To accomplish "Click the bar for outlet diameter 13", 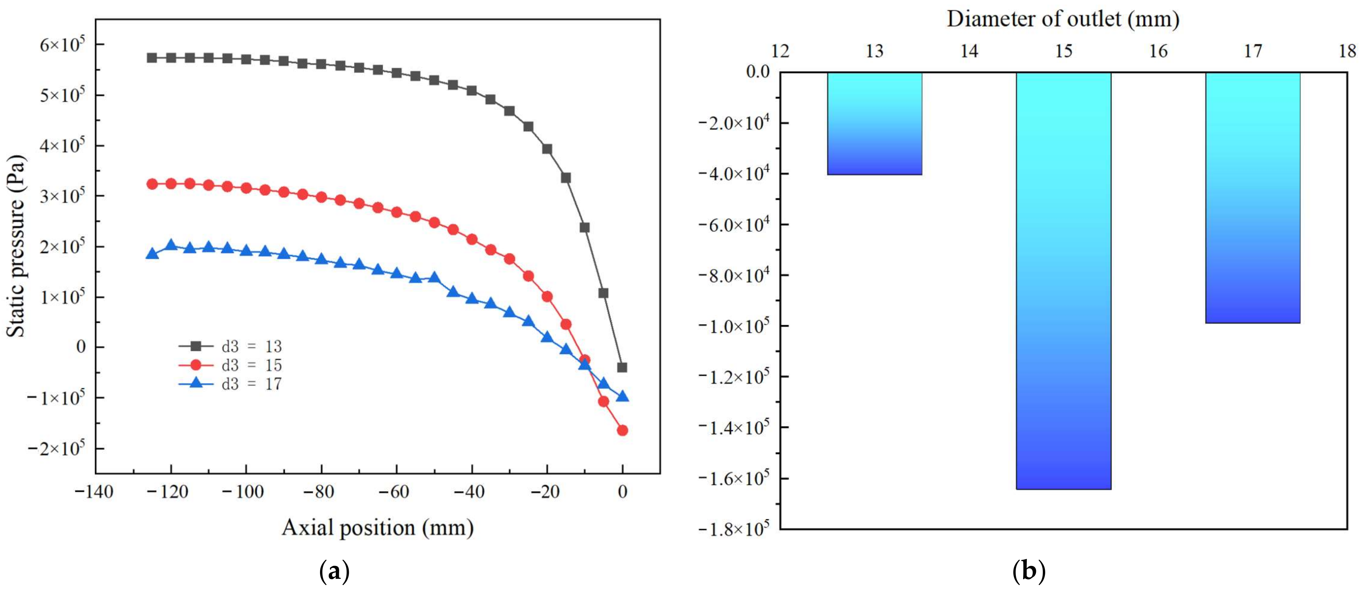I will pos(875,123).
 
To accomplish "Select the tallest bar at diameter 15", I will pos(1064,280).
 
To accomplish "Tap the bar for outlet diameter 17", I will pos(1252,197).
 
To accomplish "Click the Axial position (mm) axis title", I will pos(377,528).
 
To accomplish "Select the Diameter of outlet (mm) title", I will pos(1063,19).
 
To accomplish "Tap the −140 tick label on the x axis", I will pos(94,492).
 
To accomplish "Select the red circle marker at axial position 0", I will pos(622,430).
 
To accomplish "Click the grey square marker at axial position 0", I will pos(622,367).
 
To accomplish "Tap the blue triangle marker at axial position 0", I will pos(622,396).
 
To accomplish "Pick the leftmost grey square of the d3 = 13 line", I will pos(152,58).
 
